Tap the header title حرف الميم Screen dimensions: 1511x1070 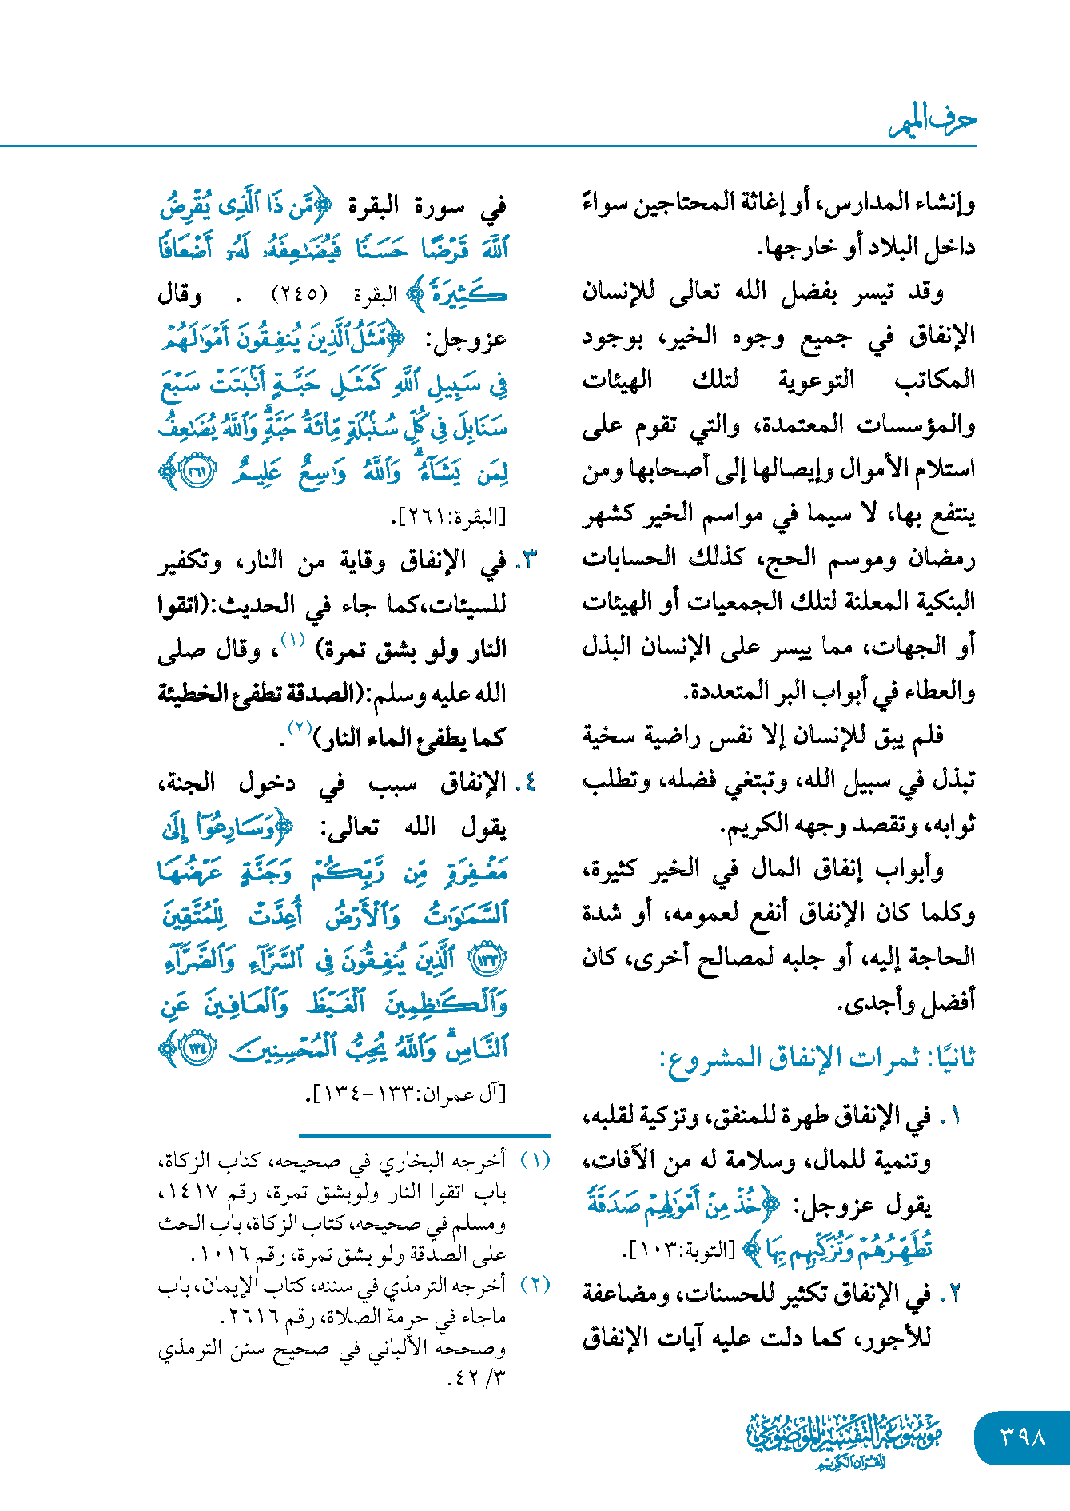pyautogui.click(x=933, y=122)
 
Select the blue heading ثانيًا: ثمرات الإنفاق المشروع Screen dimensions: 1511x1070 pyautogui.click(x=817, y=1058)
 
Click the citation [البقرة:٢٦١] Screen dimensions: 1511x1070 pyautogui.click(x=449, y=517)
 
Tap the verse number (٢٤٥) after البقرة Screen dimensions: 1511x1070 pyautogui.click(x=299, y=294)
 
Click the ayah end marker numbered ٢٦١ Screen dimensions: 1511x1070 pyautogui.click(x=195, y=472)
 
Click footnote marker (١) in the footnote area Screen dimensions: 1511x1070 pyautogui.click(x=535, y=1159)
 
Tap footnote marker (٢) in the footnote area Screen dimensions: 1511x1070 pyautogui.click(x=535, y=1284)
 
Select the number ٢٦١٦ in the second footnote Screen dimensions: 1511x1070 pyautogui.click(x=252, y=1315)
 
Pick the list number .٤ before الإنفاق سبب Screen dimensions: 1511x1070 pyautogui.click(x=527, y=783)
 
